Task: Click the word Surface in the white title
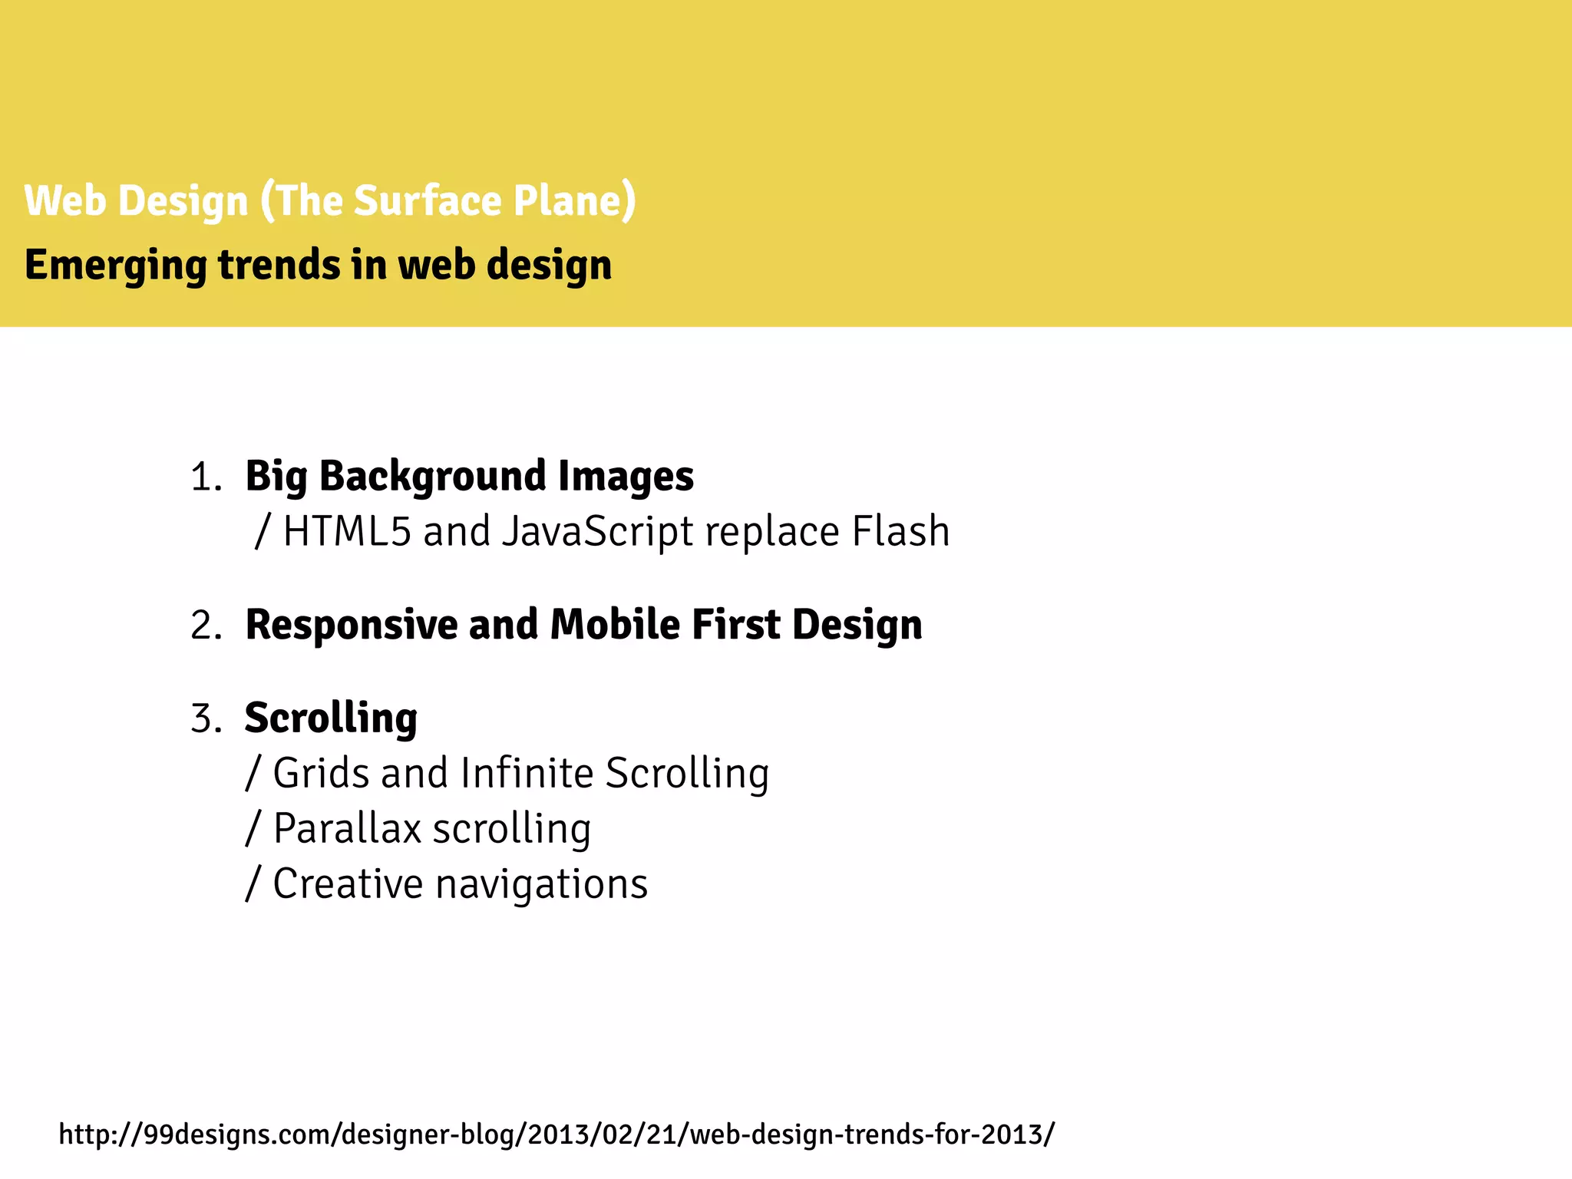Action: click(427, 201)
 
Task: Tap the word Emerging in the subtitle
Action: click(115, 266)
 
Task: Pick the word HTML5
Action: click(347, 531)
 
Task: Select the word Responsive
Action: click(350, 625)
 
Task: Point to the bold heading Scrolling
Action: click(331, 719)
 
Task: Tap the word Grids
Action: click(321, 773)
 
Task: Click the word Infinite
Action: click(527, 773)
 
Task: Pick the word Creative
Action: click(347, 884)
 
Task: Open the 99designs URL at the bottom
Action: click(556, 1134)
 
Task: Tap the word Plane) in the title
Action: click(574, 201)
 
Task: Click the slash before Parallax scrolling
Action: click(253, 829)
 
